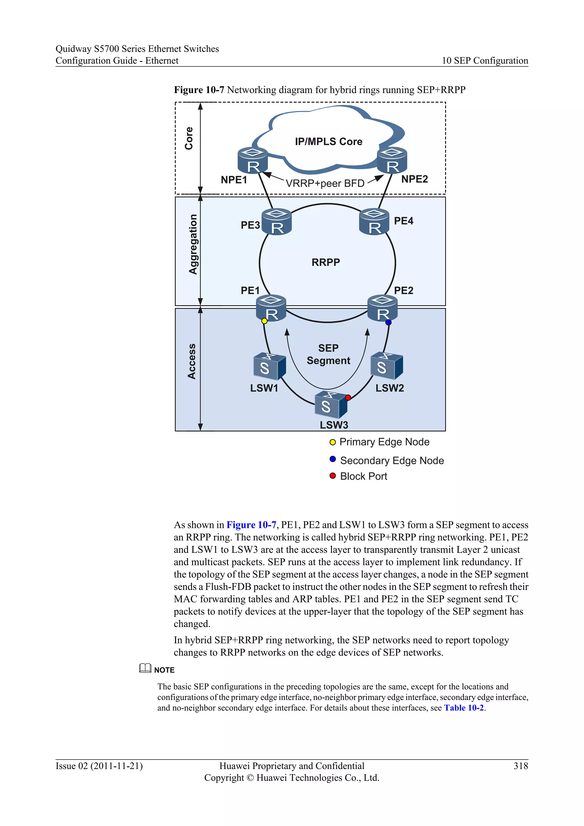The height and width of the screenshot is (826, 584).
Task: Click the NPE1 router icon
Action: tap(253, 161)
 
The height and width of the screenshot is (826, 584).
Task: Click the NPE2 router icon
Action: tap(392, 161)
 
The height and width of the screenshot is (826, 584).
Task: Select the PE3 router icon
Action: tap(277, 222)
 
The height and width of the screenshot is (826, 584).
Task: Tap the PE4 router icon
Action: tap(374, 222)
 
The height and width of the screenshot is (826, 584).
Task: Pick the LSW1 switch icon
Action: tap(269, 366)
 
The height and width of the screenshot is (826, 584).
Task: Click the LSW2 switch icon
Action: tap(386, 366)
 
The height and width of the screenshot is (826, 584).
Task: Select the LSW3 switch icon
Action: tap(330, 404)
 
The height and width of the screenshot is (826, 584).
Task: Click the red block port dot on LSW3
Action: tap(348, 398)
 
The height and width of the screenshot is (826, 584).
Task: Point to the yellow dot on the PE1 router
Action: tap(264, 321)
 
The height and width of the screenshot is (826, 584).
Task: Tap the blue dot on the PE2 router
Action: tap(388, 322)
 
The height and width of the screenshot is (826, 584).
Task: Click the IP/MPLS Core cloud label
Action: tap(328, 142)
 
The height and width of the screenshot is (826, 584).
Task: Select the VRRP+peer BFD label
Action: tap(325, 183)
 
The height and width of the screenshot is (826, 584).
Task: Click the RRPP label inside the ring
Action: tap(325, 262)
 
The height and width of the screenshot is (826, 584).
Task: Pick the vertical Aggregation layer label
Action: tap(193, 244)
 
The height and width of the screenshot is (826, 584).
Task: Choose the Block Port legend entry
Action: tap(363, 476)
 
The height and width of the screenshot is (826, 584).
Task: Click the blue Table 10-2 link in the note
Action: tap(464, 708)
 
